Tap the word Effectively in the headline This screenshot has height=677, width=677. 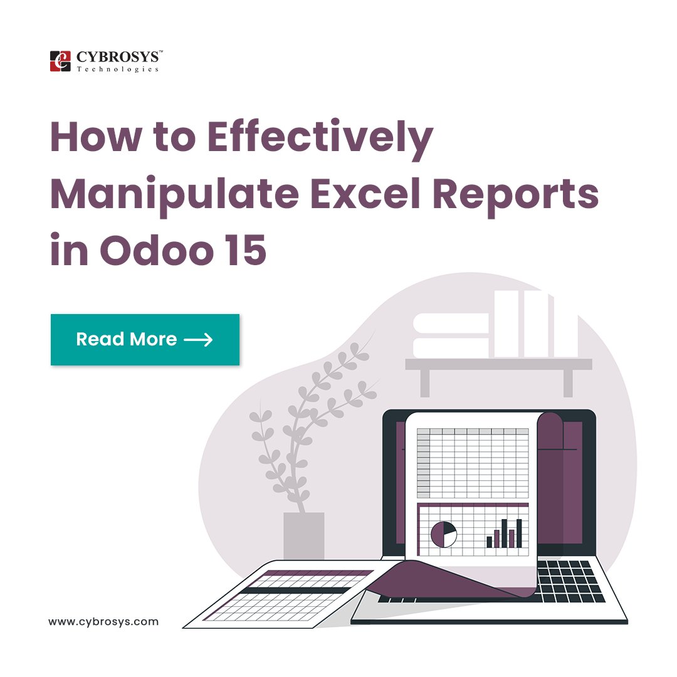tap(320, 139)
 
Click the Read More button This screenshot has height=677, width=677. tap(145, 340)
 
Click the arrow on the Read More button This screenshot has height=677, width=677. tap(199, 340)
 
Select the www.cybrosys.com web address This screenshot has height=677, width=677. tap(103, 622)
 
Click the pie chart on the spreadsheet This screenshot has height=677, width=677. tap(444, 534)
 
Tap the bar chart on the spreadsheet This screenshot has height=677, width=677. tap(505, 534)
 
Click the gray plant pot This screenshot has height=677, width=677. tap(304, 536)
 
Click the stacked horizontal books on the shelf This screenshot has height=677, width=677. tap(451, 335)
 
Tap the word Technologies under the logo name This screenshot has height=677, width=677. tap(117, 69)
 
